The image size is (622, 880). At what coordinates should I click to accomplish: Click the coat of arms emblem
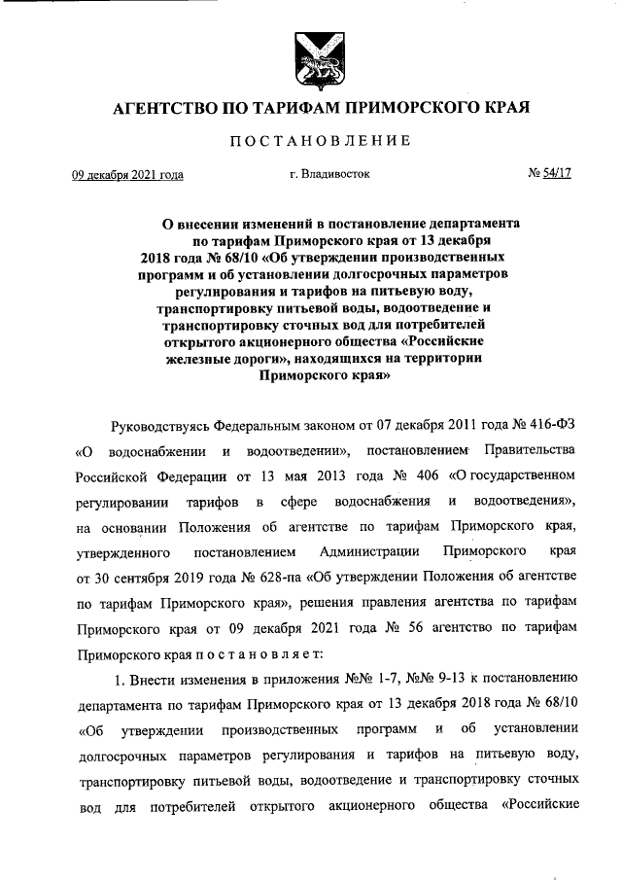pos(310,61)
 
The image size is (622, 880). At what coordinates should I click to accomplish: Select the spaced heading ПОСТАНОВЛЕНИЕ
pos(310,142)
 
